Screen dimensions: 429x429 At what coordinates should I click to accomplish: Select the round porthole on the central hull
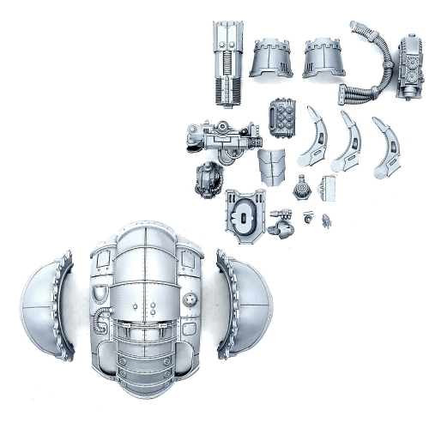click(x=189, y=300)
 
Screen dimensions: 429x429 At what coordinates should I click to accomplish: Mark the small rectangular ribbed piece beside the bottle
click(x=326, y=187)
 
